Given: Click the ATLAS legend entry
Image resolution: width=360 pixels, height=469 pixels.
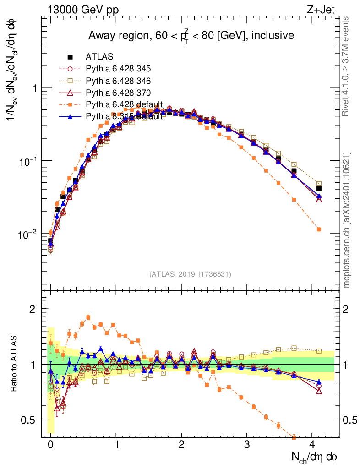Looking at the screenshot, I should point(99,57).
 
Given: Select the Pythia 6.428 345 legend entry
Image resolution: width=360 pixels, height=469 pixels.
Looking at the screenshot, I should point(118,69).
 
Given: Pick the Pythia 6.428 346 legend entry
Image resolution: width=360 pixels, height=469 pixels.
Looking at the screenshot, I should point(118,81).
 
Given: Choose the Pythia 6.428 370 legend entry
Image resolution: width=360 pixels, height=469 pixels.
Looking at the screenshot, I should point(118,93).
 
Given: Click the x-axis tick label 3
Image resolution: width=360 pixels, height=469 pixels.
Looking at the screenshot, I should point(247,444).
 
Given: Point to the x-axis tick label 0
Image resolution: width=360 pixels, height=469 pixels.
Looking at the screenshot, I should point(50,444).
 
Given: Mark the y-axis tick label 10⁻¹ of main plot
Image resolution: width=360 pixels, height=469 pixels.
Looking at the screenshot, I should point(27,161).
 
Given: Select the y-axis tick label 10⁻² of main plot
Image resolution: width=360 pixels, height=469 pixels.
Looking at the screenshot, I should point(27,234).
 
